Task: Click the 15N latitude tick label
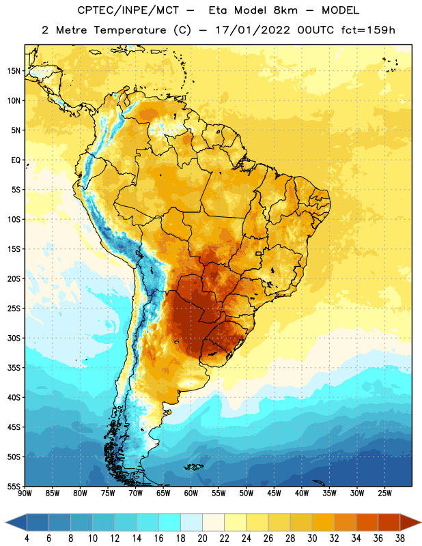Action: pos(14,71)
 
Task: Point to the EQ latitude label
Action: pos(16,160)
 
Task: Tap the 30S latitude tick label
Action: pos(14,338)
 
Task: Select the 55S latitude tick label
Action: pos(14,487)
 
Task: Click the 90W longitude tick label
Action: pos(25,493)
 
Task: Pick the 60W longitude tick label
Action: pos(191,493)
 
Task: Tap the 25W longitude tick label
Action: pos(384,493)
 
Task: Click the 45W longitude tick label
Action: pos(274,493)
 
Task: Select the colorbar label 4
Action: pos(27,538)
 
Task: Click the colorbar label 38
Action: pos(400,538)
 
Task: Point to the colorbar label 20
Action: pos(202,538)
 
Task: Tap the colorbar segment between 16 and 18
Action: pos(170,523)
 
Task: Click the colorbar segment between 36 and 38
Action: pos(389,523)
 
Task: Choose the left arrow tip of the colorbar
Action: pos(5,523)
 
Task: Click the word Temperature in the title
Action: pos(130,30)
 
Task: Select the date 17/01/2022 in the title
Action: pos(252,30)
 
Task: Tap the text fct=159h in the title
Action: pos(368,30)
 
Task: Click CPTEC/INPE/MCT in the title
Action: pos(128,10)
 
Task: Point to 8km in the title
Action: pos(285,10)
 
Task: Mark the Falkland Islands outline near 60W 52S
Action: pos(194,467)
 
